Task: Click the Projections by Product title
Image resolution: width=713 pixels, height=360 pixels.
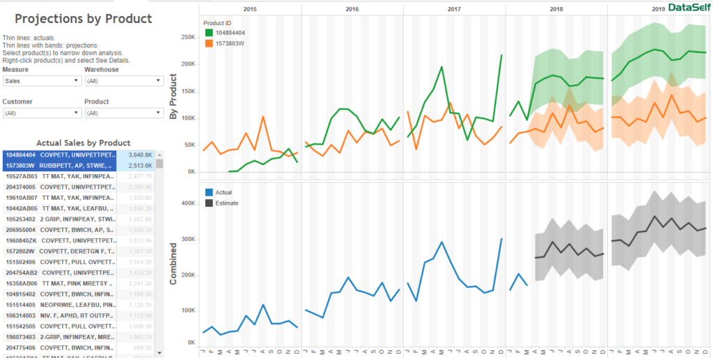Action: coord(84,19)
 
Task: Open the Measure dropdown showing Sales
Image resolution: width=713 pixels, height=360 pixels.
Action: coord(42,81)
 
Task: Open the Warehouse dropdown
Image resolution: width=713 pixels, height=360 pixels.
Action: coord(123,81)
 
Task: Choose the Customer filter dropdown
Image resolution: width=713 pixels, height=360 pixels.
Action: coord(42,113)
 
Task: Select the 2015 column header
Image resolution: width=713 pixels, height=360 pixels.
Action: coord(250,9)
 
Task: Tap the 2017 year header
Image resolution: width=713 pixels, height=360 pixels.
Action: coord(454,9)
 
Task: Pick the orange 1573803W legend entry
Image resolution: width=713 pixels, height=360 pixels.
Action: coord(230,43)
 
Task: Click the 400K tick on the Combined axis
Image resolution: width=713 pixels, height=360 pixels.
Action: coord(187,204)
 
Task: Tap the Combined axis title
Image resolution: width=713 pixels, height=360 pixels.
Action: coord(174,264)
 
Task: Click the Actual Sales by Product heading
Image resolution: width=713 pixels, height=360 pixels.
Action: coord(84,142)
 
